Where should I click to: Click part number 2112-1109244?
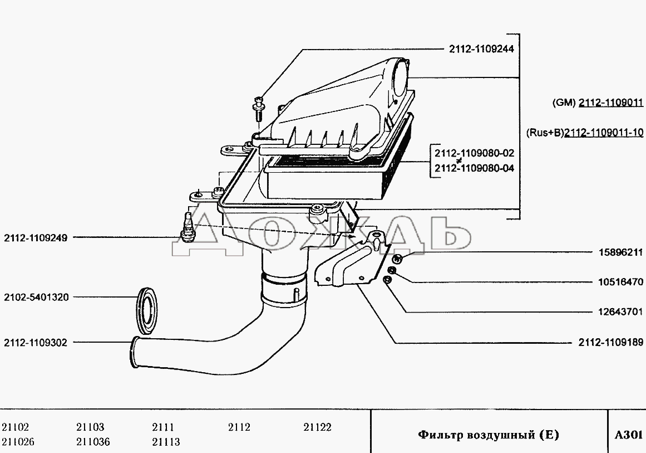481,48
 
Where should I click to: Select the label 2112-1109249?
36,237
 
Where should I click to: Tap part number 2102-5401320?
36,297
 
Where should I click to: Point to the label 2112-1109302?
36,343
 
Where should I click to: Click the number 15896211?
620,252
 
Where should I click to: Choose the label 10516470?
620,282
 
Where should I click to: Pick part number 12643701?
620,311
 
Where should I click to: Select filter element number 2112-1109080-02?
474,153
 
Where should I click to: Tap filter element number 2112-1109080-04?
474,168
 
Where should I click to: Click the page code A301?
628,435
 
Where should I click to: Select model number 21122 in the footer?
317,427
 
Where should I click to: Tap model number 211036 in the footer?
93,442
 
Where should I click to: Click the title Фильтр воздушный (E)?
489,435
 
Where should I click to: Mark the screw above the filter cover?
258,108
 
